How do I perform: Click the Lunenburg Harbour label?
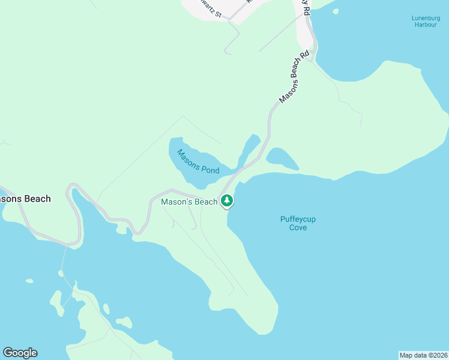[x=426, y=21]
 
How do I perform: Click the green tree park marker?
[x=226, y=201]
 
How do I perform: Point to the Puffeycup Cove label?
[x=298, y=223]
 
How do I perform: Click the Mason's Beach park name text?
[x=189, y=202]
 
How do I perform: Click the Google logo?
[x=20, y=353]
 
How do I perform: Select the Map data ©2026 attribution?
[x=423, y=355]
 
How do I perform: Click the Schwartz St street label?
[x=210, y=8]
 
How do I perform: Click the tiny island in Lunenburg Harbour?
[x=336, y=11]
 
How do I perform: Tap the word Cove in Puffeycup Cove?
[x=298, y=227]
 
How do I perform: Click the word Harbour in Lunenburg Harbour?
[x=426, y=25]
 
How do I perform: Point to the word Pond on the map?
[x=210, y=170]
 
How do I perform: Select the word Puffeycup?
[x=298, y=219]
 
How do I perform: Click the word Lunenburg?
[x=426, y=17]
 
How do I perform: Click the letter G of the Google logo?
[x=8, y=353]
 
